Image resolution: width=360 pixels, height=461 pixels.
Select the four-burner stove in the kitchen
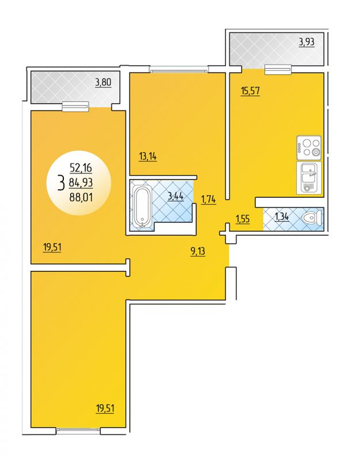pos(309,148)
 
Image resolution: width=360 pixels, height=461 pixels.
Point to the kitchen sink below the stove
pos(309,178)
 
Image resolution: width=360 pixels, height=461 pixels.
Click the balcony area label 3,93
pos(306,42)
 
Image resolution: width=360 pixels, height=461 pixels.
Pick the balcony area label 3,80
pos(103,82)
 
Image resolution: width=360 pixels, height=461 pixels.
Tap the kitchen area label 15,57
pos(250,91)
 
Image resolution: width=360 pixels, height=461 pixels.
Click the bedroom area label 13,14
pos(148,157)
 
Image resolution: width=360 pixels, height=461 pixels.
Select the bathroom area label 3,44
pos(176,196)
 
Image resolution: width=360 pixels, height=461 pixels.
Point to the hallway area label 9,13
pos(198,251)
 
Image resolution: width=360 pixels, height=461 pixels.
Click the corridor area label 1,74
pos(209,200)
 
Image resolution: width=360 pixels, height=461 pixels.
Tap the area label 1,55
pos(242,219)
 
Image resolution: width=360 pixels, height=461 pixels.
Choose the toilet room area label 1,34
pos(281,217)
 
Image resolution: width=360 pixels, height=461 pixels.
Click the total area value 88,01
pos(81,197)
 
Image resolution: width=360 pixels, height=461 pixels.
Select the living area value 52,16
pos(81,168)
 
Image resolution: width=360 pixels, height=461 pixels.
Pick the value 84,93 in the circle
pos(81,183)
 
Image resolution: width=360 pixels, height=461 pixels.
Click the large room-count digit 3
pos(62,183)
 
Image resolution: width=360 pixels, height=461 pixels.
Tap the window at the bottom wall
pos(78,430)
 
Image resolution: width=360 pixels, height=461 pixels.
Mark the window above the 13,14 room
pos(179,70)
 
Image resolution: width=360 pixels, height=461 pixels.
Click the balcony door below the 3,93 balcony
pos(278,70)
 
